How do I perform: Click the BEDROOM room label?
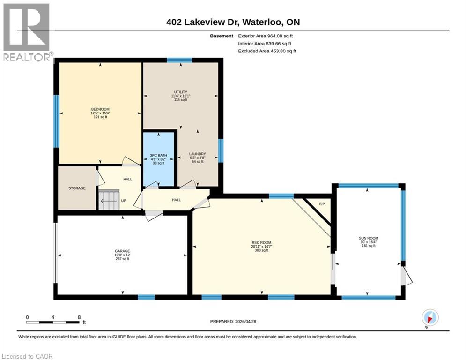(100, 109)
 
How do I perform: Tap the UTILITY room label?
(180, 92)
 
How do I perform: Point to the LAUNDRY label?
(197, 154)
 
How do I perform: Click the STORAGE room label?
(77, 188)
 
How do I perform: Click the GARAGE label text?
(122, 251)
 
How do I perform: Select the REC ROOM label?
(261, 243)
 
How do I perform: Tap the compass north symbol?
(429, 318)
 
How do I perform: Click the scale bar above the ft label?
(53, 322)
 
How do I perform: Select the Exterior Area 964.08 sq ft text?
(265, 36)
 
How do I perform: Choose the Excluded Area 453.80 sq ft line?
(267, 51)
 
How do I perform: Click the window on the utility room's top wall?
(179, 60)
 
